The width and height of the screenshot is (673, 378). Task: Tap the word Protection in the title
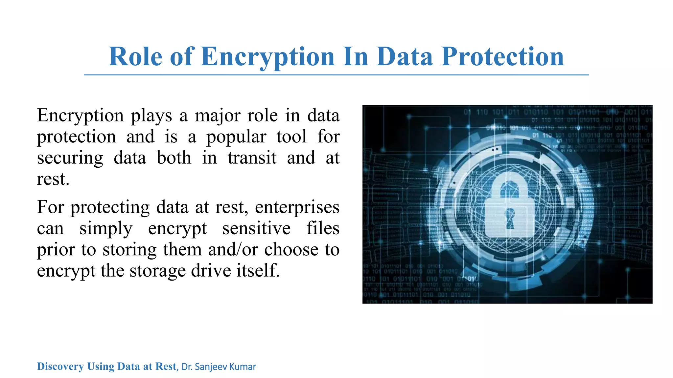pyautogui.click(x=502, y=56)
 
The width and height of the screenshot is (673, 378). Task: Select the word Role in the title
pyautogui.click(x=135, y=56)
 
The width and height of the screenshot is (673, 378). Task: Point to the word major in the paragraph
pyautogui.click(x=217, y=116)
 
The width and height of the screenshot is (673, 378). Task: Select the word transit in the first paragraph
pyautogui.click(x=252, y=158)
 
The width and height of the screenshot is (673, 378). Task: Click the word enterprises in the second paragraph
pyautogui.click(x=297, y=208)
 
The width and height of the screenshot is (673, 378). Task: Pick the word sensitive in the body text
pyautogui.click(x=256, y=228)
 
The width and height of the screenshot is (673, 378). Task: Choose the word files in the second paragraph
pyautogui.click(x=323, y=228)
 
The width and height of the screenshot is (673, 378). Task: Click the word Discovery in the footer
pyautogui.click(x=60, y=366)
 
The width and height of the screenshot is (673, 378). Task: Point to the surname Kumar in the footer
pyautogui.click(x=243, y=367)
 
